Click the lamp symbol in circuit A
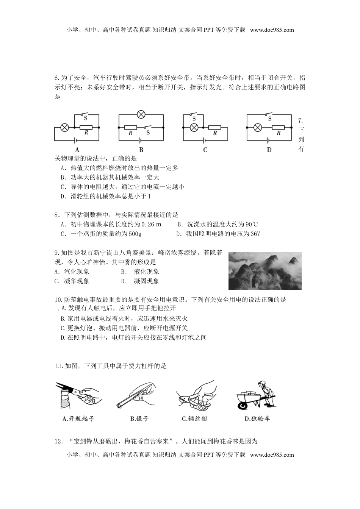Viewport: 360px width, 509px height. pos(65,127)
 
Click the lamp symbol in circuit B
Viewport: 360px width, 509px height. pos(141,114)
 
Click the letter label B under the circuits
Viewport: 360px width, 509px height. pos(141,150)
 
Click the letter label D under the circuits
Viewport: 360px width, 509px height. pos(269,150)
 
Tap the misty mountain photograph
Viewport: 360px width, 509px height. pos(265,270)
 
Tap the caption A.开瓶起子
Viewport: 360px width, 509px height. pos(78,418)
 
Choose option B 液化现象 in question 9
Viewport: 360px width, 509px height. pos(146,272)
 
